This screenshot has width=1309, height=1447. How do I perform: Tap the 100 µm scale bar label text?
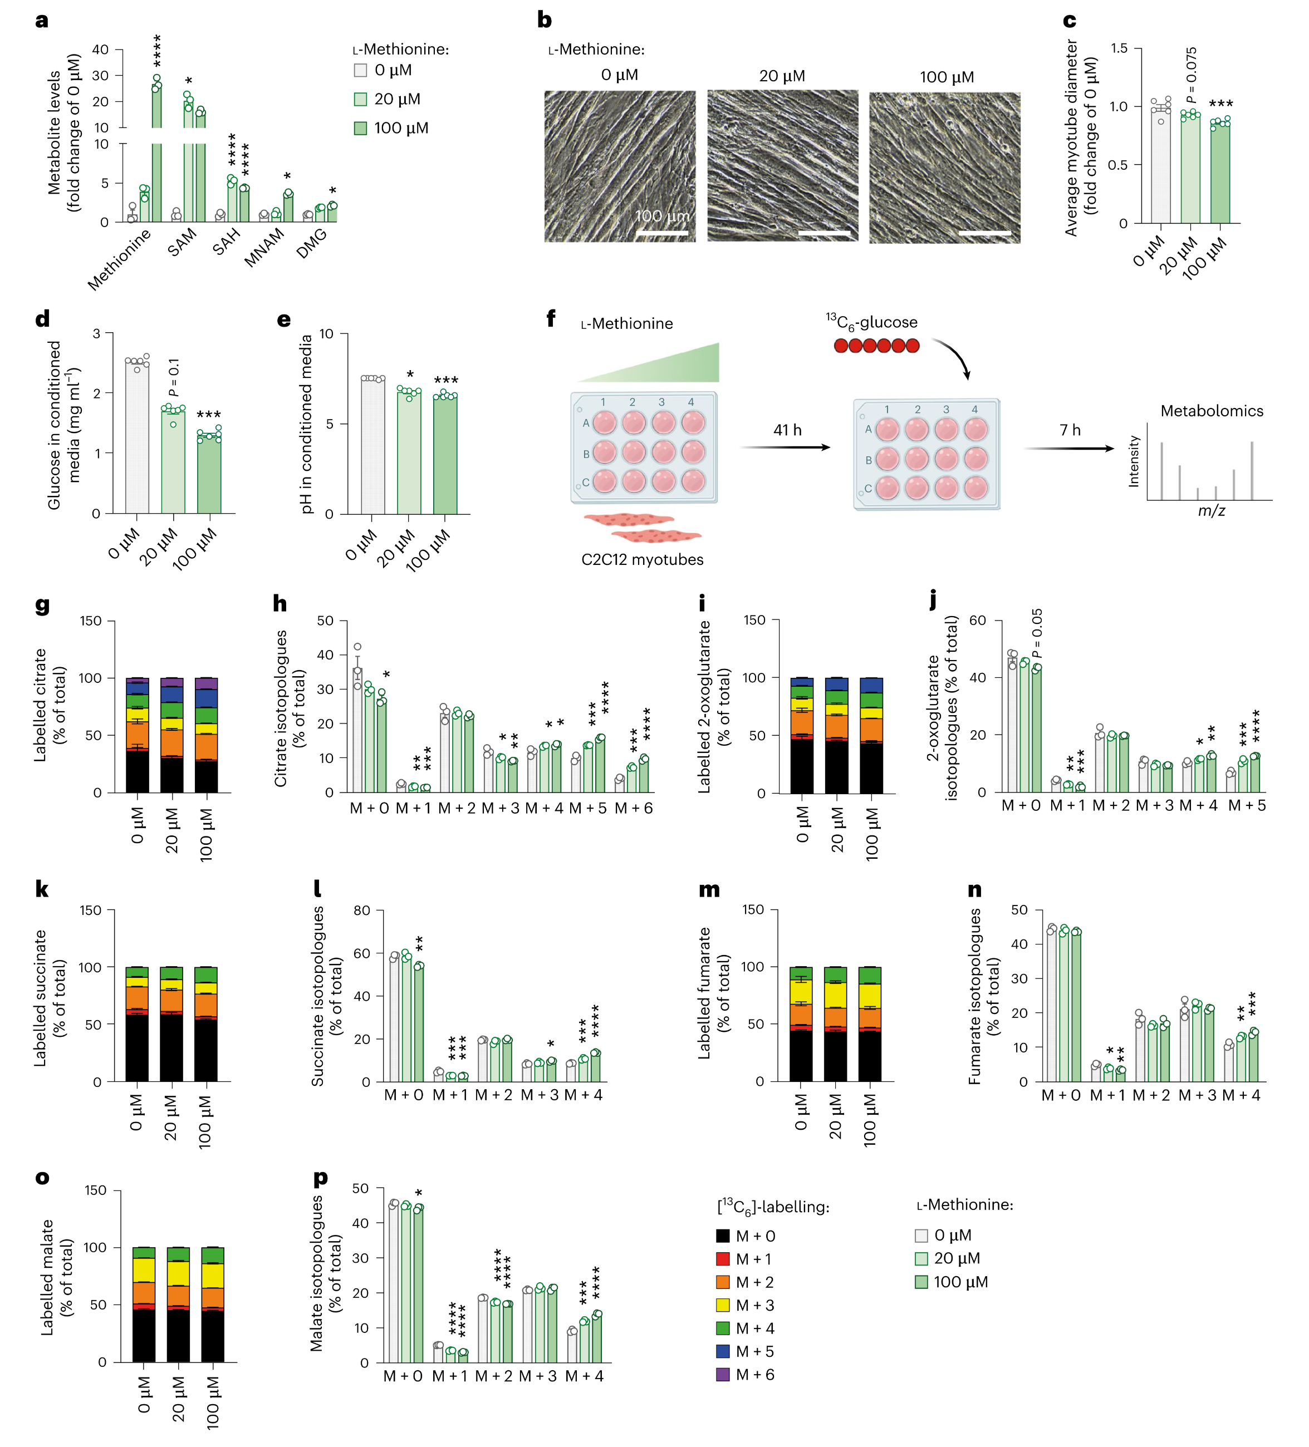coord(661,216)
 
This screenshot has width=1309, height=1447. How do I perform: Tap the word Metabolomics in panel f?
coord(1212,411)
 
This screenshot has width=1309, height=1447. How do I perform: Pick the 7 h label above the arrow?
coord(1070,430)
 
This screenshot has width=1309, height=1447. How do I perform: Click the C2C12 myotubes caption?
coord(642,559)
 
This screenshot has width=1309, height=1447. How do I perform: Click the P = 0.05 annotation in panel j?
coord(1036,633)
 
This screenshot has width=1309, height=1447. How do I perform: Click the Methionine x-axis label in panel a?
coord(119,259)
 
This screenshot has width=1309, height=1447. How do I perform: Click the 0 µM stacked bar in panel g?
coord(137,735)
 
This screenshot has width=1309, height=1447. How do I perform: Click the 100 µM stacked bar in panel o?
coord(213,1305)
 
